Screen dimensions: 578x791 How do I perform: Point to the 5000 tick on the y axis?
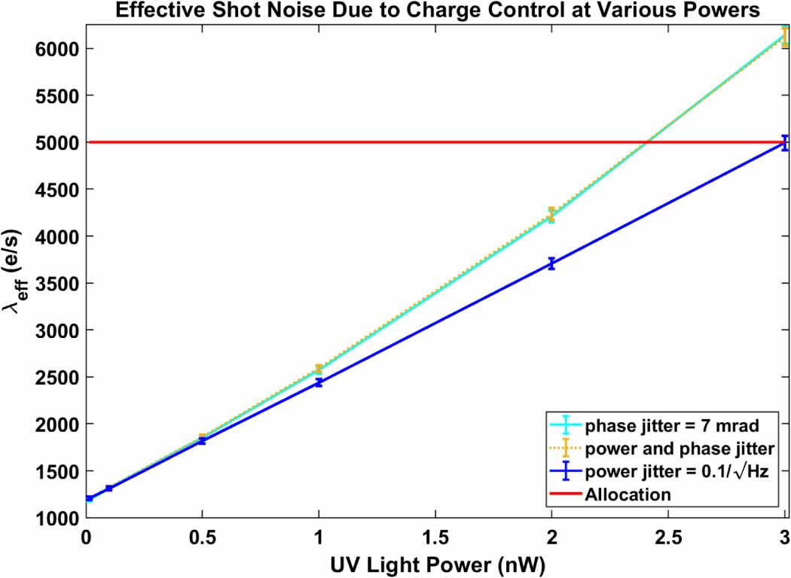click(56, 142)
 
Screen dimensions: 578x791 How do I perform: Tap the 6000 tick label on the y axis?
click(56, 49)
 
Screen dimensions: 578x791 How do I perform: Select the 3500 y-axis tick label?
click(56, 283)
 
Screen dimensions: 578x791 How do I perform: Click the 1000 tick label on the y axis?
click(56, 518)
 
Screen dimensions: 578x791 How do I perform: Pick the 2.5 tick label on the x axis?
click(667, 537)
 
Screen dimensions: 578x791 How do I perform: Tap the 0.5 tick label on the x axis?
click(202, 537)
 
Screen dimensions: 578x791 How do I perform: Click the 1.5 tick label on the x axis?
click(435, 537)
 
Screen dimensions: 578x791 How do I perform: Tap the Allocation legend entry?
click(627, 494)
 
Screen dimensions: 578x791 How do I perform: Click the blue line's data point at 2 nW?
click(551, 263)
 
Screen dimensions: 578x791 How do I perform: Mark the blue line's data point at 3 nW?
click(784, 143)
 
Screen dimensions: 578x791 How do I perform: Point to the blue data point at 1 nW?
click(319, 382)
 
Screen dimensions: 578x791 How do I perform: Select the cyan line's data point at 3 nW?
click(784, 35)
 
